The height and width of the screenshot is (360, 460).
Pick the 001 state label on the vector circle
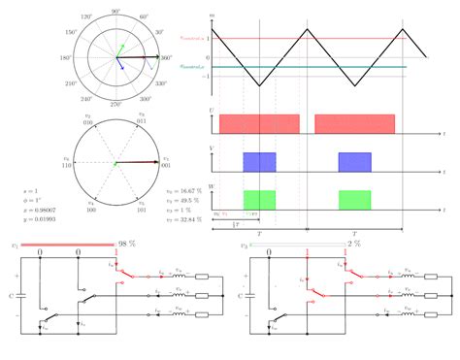[167, 167]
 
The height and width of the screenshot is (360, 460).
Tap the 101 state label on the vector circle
[142, 210]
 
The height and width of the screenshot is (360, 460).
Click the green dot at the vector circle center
[115, 164]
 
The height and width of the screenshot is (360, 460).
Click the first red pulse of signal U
[259, 123]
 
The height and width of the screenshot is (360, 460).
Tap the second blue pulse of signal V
[354, 161]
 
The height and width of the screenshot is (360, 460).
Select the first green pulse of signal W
[259, 198]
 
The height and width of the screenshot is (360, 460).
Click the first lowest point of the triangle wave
[259, 87]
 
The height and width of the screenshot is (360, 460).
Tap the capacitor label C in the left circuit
[12, 294]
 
